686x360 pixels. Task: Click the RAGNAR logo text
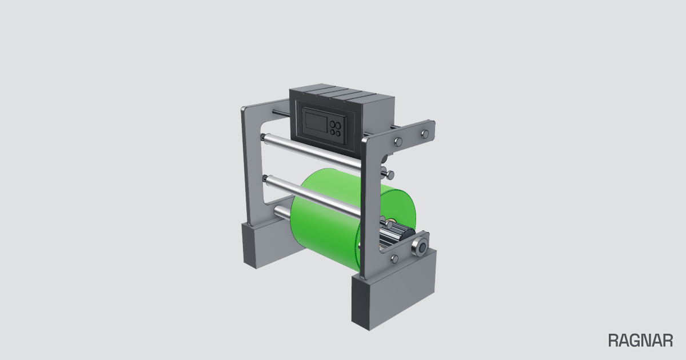(x=640, y=341)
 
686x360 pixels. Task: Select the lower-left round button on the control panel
(x=332, y=132)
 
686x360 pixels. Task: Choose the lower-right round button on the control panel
(x=337, y=134)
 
